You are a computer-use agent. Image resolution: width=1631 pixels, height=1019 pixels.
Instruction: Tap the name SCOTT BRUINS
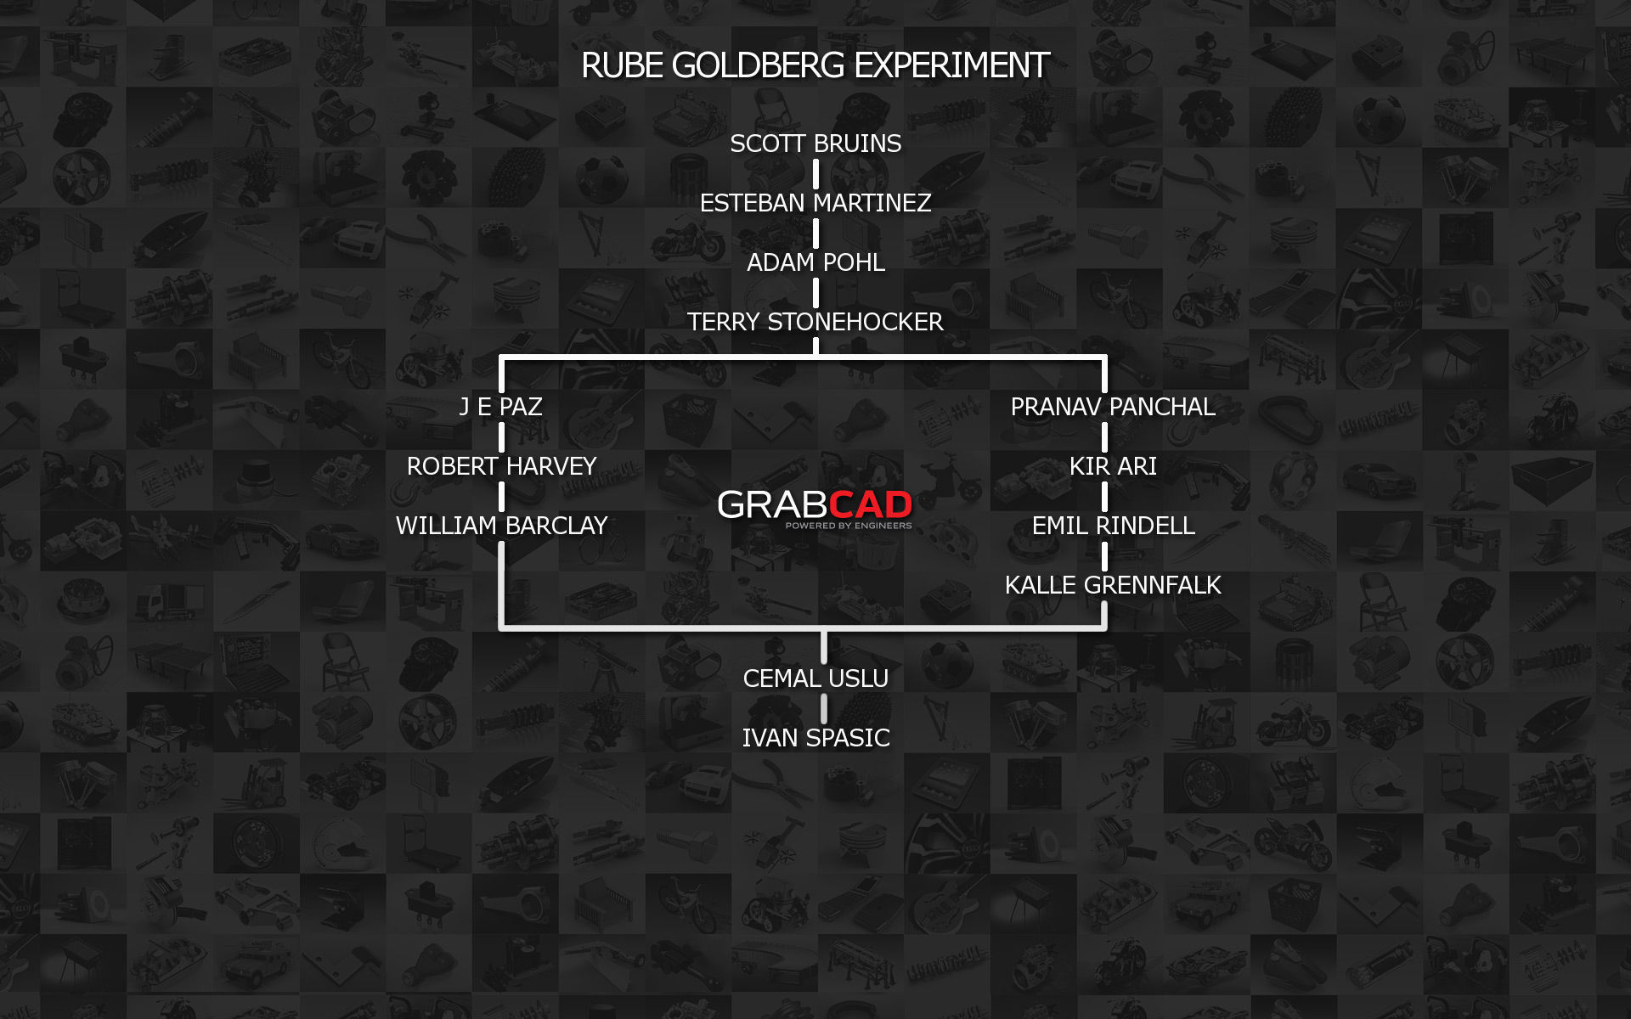[815, 144]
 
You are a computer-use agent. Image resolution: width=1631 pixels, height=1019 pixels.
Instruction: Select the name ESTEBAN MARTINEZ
[815, 203]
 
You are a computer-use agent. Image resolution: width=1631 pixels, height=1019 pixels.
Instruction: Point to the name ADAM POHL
[815, 262]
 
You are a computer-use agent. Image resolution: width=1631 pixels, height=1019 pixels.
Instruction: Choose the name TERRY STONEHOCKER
[815, 322]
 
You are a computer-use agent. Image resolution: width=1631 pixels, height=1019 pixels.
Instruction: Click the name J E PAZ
[501, 407]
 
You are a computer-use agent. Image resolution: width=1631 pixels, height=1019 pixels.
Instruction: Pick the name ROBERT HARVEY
[501, 466]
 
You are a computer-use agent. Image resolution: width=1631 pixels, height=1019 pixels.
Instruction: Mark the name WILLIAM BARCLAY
[501, 526]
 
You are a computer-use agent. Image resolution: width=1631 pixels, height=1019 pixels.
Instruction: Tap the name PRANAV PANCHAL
[1113, 407]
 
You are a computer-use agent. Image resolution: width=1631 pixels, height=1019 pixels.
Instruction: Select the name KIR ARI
[1113, 466]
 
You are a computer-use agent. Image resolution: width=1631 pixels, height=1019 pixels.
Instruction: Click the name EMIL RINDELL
[1113, 526]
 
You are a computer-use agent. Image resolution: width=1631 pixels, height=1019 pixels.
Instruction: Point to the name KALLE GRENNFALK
[1113, 585]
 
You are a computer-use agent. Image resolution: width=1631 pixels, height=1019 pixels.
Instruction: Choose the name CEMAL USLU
[815, 678]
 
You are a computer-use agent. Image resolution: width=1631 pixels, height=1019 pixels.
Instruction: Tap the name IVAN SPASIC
[815, 738]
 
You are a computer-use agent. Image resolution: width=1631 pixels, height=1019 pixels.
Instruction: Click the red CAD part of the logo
[870, 504]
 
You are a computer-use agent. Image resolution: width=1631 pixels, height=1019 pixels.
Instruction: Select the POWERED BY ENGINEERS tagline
[848, 526]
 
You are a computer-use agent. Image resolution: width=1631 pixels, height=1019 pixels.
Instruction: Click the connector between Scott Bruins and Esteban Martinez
[815, 173]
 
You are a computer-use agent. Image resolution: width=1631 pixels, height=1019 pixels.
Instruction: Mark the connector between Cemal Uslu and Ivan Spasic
[824, 708]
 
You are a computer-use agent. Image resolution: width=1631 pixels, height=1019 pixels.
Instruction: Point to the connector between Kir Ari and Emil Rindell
[1104, 496]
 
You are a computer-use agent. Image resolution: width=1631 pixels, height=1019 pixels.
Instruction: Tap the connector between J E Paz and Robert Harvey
[501, 436]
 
